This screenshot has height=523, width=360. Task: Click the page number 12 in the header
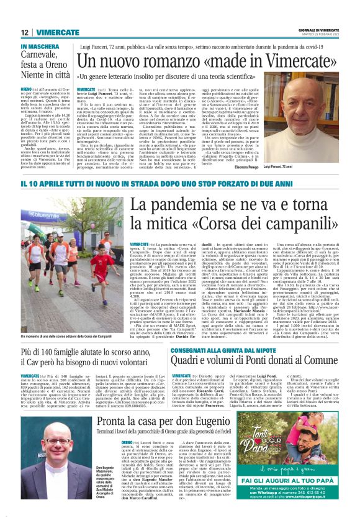coord(24,32)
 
